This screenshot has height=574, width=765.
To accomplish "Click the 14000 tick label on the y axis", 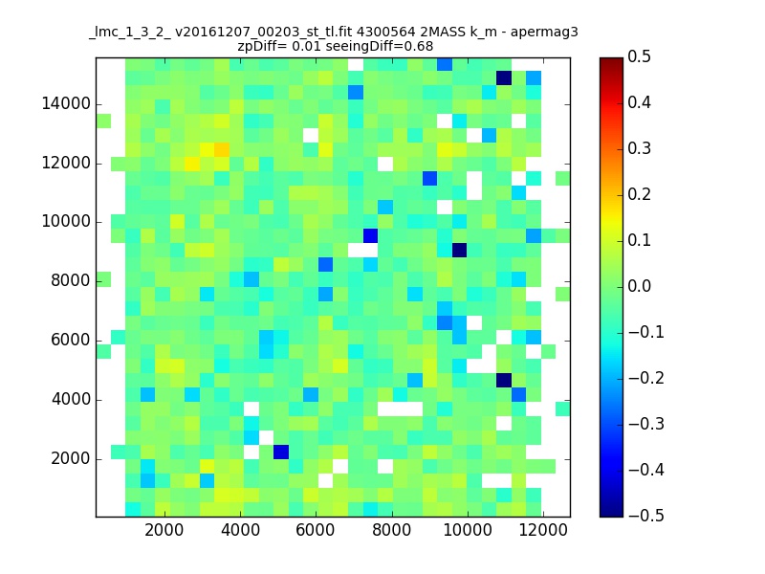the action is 66,104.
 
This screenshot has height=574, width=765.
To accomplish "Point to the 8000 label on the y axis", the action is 71,280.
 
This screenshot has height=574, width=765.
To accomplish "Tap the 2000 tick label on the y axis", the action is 71,459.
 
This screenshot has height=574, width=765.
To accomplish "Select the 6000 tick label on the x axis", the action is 316,530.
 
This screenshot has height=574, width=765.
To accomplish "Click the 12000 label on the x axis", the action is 543,530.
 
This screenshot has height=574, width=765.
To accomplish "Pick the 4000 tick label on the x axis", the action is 240,530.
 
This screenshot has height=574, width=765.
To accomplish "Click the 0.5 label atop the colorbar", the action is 639,56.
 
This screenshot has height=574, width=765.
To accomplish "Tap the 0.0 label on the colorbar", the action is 639,286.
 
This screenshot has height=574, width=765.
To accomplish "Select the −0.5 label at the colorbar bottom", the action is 646,516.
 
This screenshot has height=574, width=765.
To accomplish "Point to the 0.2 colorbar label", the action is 639,194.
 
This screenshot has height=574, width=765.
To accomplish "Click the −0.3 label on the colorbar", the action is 646,424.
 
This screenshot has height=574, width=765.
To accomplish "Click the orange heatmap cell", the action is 222,149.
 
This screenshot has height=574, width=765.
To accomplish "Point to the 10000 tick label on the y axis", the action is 66,222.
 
